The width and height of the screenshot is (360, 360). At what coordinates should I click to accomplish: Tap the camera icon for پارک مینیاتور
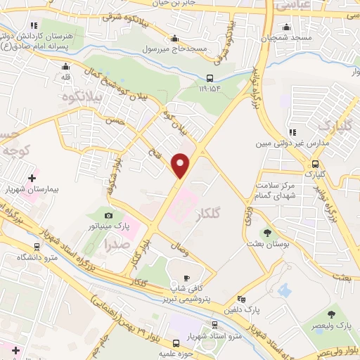[108, 216]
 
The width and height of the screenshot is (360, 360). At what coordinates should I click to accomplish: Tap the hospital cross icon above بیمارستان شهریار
[31, 178]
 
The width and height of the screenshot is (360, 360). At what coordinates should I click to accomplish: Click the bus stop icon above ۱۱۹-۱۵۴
[210, 78]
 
